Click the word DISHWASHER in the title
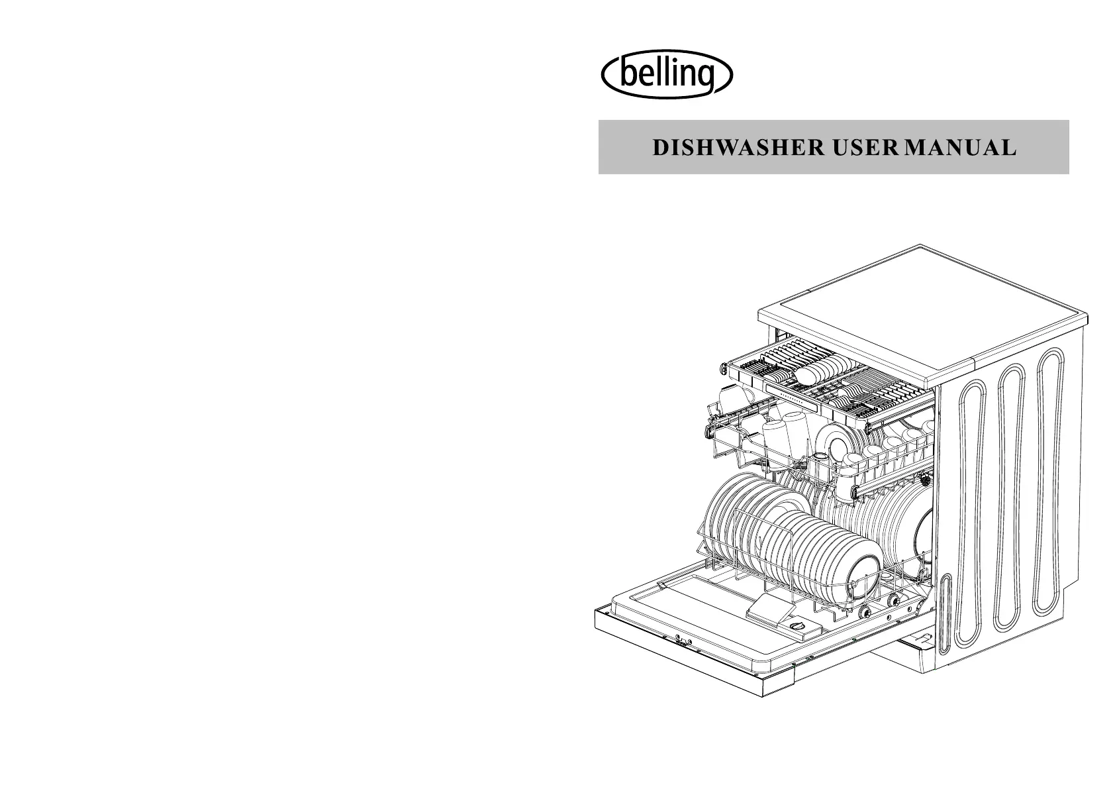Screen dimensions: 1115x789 pyautogui.click(x=738, y=148)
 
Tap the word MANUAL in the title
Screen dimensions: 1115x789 pyautogui.click(x=960, y=148)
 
